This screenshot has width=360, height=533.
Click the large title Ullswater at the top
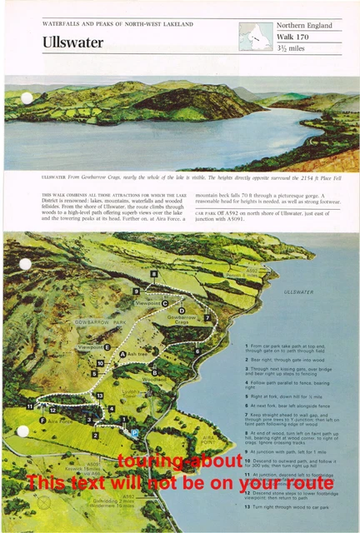coord(73,41)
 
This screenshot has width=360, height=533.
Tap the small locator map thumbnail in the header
coord(255,36)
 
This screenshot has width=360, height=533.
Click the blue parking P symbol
coord(133,432)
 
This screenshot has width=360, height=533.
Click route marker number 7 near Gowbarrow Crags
coord(207,317)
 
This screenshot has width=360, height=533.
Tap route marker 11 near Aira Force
coord(30,406)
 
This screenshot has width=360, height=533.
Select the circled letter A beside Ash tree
coord(122,354)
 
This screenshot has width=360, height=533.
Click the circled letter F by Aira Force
coord(42,421)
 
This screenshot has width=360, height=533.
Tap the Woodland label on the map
coord(155,379)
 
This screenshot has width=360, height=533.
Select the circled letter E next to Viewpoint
coord(107,346)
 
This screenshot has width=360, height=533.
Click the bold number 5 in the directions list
coord(247,396)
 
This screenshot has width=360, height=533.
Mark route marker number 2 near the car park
coord(95,435)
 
